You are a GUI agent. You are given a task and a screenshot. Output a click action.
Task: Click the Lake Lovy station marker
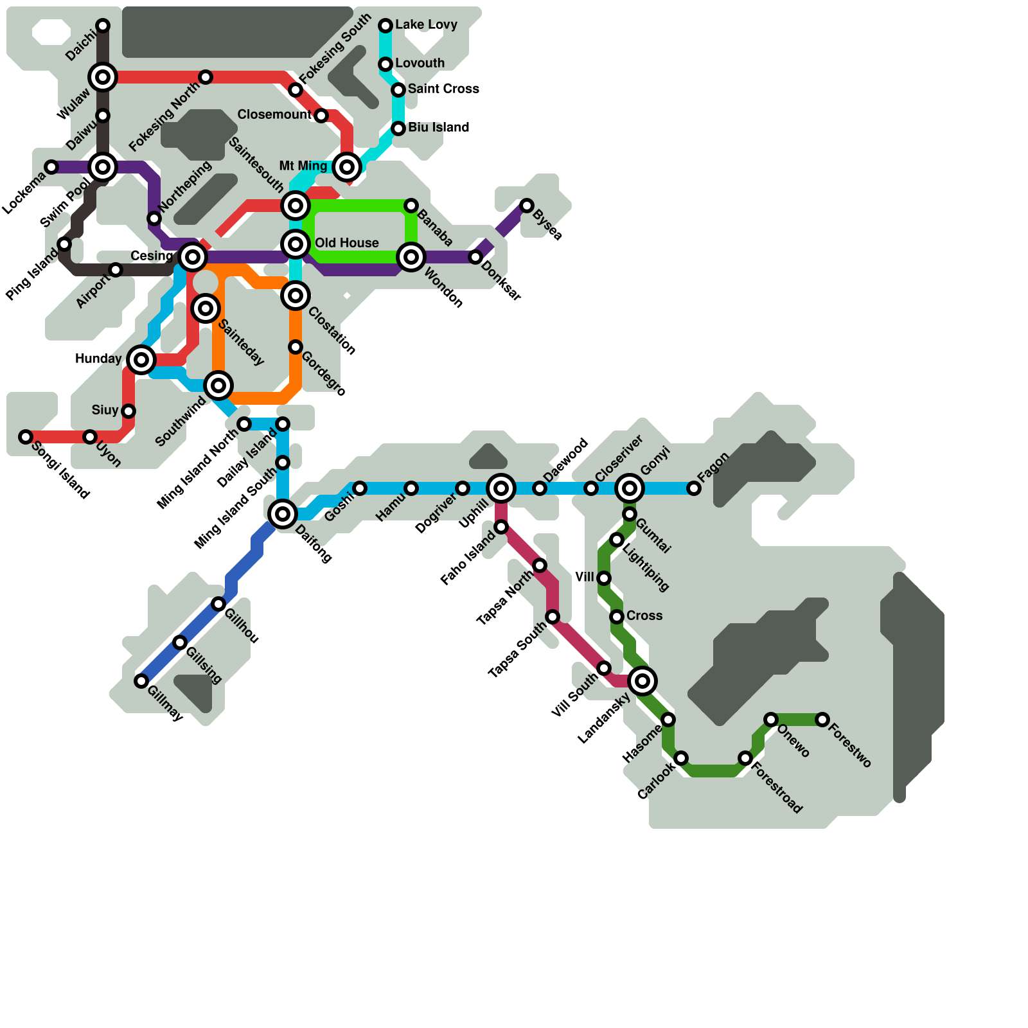(385, 26)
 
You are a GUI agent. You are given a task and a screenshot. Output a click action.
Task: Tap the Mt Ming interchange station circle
(347, 167)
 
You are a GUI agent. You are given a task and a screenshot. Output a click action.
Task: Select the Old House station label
(346, 243)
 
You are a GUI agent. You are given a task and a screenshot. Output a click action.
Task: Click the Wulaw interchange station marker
(103, 77)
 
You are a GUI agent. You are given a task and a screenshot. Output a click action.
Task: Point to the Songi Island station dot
(26, 437)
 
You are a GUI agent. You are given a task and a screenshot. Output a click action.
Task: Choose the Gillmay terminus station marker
(141, 681)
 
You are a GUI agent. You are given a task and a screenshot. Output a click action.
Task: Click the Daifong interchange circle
(283, 514)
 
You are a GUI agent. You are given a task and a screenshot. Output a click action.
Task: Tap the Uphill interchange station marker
(501, 488)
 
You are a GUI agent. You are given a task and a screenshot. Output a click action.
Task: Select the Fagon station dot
(694, 488)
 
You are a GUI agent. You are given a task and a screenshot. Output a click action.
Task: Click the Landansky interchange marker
(642, 681)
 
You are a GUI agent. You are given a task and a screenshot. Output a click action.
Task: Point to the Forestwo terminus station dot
(822, 720)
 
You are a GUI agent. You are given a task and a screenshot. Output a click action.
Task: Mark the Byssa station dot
(527, 206)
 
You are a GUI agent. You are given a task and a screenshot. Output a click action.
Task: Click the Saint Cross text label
(443, 89)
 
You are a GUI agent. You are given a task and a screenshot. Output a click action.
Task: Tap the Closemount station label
(274, 114)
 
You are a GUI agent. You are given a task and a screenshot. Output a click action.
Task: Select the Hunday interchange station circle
(141, 360)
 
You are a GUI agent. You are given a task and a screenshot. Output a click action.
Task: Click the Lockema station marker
(51, 167)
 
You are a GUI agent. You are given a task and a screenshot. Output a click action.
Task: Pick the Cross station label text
(644, 616)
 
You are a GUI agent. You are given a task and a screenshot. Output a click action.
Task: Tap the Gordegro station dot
(296, 347)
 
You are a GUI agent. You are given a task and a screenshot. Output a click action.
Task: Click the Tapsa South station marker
(553, 617)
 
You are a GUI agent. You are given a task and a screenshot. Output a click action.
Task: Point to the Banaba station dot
(411, 206)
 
